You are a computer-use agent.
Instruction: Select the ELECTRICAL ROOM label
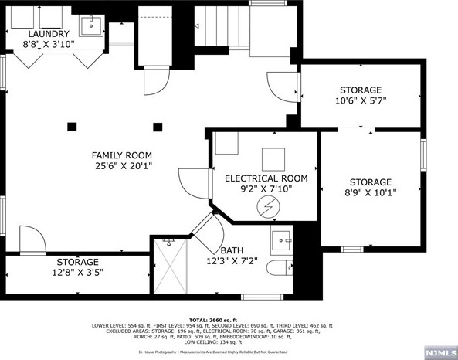(x=266, y=178)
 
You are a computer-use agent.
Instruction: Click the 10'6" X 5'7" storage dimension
(x=360, y=101)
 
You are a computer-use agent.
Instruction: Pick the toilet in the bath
(x=279, y=270)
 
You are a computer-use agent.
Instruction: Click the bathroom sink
(x=280, y=238)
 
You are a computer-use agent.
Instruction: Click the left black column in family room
(x=73, y=126)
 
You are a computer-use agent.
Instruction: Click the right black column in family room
(x=158, y=126)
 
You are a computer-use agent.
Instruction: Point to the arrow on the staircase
(x=197, y=27)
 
